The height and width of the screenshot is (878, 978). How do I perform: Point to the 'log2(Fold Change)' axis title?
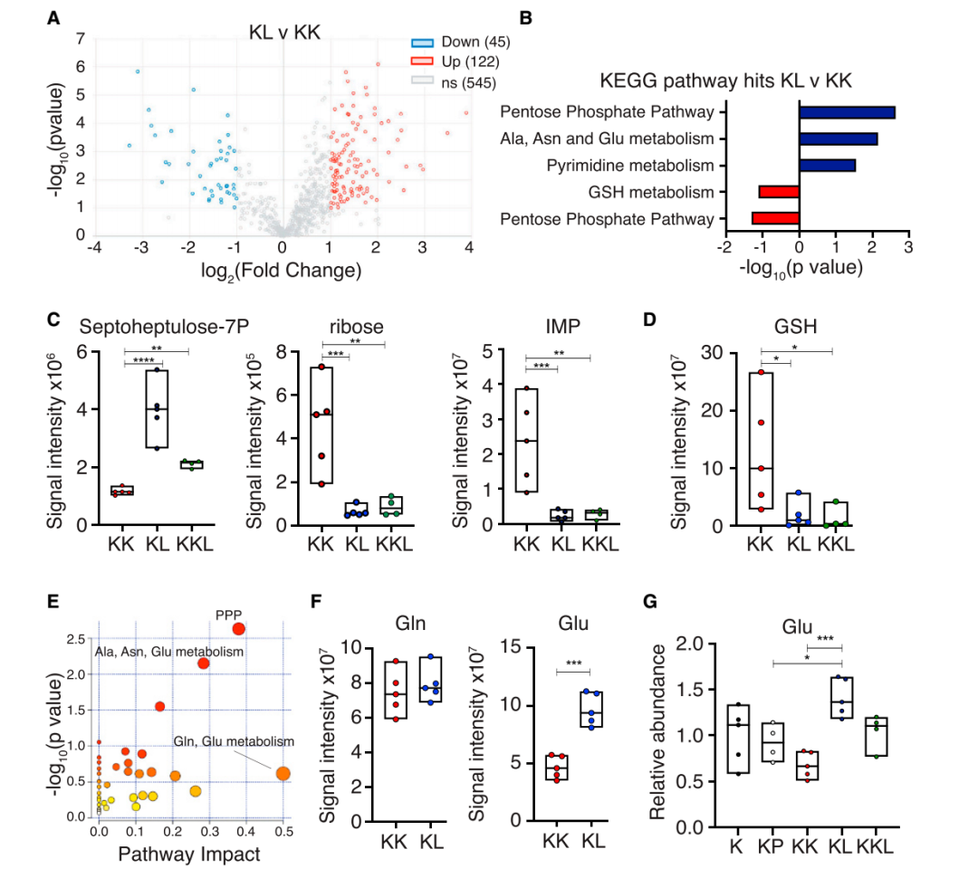pyautogui.click(x=283, y=270)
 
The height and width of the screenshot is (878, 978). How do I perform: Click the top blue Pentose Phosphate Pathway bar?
pyautogui.click(x=847, y=112)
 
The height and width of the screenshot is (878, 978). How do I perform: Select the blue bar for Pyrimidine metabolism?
pyautogui.click(x=827, y=166)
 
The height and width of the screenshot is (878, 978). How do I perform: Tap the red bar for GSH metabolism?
pyautogui.click(x=779, y=192)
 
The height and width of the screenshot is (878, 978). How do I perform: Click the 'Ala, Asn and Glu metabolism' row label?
pyautogui.click(x=613, y=139)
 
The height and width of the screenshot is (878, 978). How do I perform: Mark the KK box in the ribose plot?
pyautogui.click(x=321, y=425)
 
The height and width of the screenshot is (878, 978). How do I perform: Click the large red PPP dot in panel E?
pyautogui.click(x=238, y=629)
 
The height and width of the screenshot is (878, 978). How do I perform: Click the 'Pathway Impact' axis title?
pyautogui.click(x=195, y=854)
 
